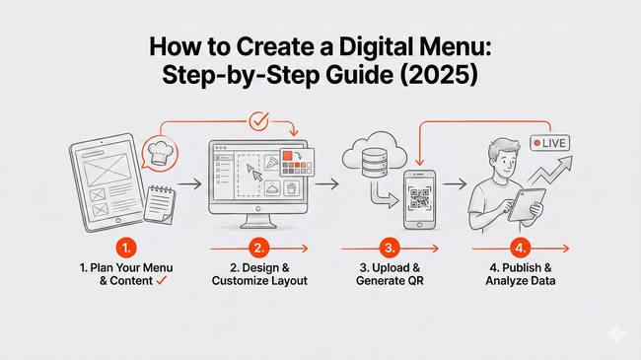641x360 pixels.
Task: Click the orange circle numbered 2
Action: coord(258,249)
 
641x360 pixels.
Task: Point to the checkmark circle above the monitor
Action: coord(259,121)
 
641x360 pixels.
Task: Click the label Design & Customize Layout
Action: coord(259,274)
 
